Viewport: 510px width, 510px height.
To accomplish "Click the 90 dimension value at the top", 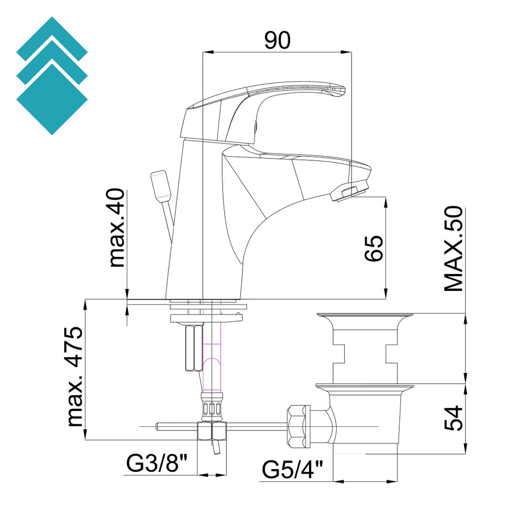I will pyautogui.click(x=277, y=40).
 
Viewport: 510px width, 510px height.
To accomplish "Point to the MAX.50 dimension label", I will pyautogui.click(x=454, y=249).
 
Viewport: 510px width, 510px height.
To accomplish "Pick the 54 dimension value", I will pyautogui.click(x=453, y=418).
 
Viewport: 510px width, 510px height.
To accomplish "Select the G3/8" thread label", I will pyautogui.click(x=156, y=465).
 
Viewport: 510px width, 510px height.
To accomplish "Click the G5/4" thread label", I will pyautogui.click(x=293, y=469).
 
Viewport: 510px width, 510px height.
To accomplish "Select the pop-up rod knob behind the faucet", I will pyautogui.click(x=160, y=186).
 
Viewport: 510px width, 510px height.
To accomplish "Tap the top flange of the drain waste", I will pyautogui.click(x=366, y=316).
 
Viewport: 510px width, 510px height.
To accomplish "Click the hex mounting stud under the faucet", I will pyautogui.click(x=193, y=348).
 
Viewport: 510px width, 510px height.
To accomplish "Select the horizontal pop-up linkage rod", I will pyautogui.click(x=249, y=426).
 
